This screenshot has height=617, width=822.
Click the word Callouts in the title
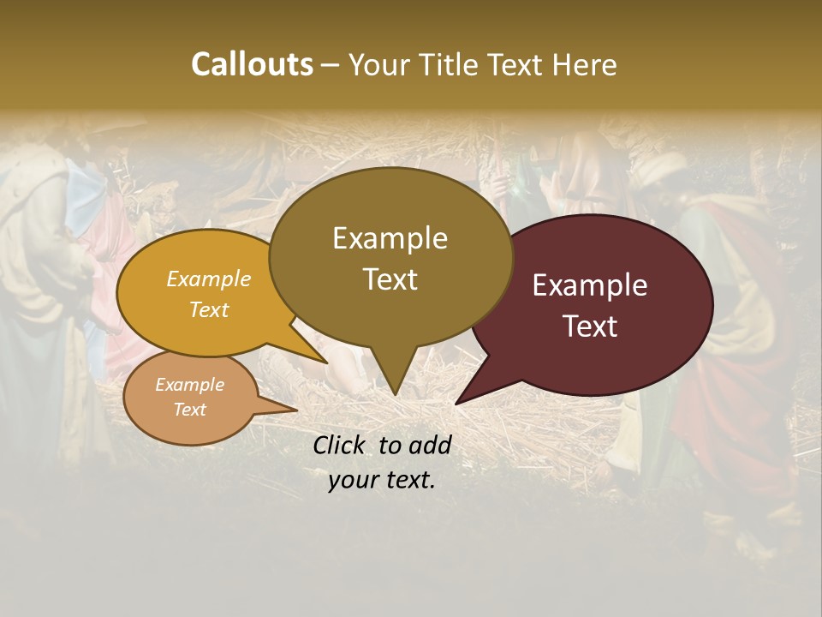[252, 64]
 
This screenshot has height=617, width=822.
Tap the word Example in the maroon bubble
[590, 285]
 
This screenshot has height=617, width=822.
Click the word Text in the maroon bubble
[590, 326]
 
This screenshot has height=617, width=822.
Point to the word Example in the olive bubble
[390, 238]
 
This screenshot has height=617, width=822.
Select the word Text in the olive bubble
[390, 279]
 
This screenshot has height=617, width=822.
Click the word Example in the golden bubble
[209, 279]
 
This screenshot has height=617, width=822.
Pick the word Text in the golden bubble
[209, 309]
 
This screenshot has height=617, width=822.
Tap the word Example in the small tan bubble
[190, 385]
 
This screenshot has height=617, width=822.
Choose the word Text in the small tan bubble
[190, 410]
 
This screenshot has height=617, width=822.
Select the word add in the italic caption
[430, 445]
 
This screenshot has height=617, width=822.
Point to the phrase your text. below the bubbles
[382, 480]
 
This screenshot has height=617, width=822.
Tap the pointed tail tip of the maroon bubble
[457, 403]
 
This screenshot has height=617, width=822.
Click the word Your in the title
[375, 64]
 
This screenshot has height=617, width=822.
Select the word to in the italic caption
[390, 445]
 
